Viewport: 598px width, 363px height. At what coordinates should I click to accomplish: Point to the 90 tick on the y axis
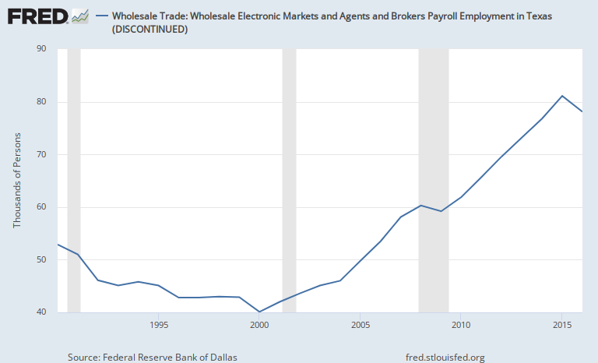(x=41, y=49)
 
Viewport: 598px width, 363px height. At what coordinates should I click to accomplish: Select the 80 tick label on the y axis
(x=41, y=102)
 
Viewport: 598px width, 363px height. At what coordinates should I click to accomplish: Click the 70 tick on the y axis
(x=41, y=154)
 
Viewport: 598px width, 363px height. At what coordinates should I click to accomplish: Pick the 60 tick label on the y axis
(x=41, y=207)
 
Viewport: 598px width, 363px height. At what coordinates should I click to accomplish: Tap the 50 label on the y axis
(x=41, y=259)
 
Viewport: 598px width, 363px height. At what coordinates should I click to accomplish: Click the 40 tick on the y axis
(x=41, y=312)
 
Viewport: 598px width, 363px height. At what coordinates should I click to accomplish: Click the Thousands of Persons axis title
(x=17, y=181)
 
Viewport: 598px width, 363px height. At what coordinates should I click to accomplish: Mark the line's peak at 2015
(x=561, y=96)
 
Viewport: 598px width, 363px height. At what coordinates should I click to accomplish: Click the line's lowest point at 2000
(x=259, y=312)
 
